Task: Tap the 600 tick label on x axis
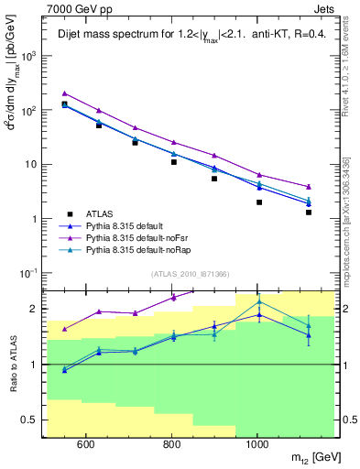pyautogui.click(x=85, y=446)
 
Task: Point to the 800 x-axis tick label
pyautogui.click(x=171, y=446)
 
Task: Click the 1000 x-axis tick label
pyautogui.click(x=257, y=446)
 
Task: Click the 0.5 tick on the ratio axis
pyautogui.click(x=36, y=420)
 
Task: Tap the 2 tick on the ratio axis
pyautogui.click(x=38, y=309)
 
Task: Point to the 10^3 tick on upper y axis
pyautogui.click(x=31, y=56)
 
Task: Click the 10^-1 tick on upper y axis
pyautogui.click(x=31, y=273)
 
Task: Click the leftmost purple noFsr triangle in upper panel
pyautogui.click(x=64, y=93)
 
